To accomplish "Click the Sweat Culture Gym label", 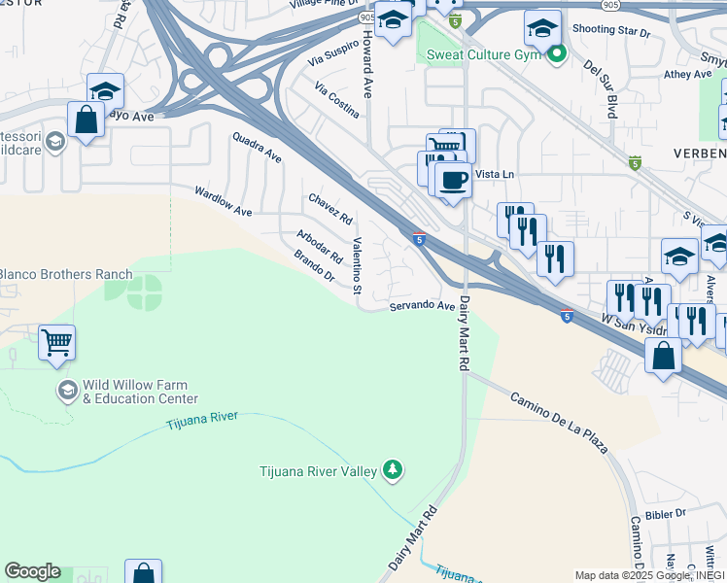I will tap(483, 54).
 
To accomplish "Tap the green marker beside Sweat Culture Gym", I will tap(556, 54).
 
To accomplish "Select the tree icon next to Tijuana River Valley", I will tap(393, 471).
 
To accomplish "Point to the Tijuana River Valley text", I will tap(318, 472).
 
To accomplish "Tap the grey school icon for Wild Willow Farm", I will tap(67, 392).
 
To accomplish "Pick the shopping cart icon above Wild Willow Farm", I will tap(57, 342).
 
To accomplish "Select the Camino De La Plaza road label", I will tap(559, 423).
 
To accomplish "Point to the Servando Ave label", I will tap(423, 306).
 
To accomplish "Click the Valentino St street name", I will tap(357, 266).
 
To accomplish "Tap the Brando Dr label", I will tap(314, 266).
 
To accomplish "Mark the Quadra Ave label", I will tap(257, 148).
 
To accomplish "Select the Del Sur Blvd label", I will tap(600, 89).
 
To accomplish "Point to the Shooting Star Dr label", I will tap(610, 32).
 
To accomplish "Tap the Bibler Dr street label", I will tap(666, 512).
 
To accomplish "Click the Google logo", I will tap(32, 571).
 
